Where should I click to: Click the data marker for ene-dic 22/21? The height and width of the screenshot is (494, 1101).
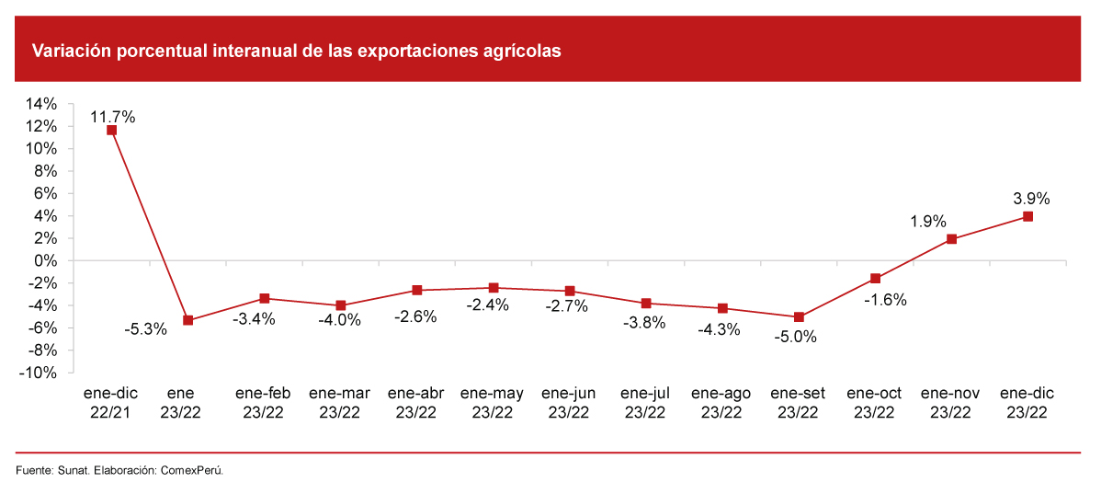coord(111,130)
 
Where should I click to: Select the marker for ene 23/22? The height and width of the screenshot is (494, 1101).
coord(187,320)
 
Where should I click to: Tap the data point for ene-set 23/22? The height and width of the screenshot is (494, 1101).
coord(799,316)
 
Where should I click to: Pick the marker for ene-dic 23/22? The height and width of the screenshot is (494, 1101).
coord(1027,216)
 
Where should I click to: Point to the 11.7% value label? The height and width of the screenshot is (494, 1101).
coord(113,117)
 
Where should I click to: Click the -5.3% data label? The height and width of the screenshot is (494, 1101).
coord(145,328)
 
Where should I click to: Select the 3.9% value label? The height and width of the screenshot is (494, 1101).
coord(1031,198)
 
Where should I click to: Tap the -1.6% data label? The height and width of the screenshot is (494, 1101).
coord(885,299)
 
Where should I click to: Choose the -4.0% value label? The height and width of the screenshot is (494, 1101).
coord(339,321)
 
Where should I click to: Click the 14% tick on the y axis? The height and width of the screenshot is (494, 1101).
coord(42,104)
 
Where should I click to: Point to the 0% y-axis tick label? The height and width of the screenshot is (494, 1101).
coord(46,260)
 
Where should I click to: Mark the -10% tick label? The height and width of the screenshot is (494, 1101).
coord(39,373)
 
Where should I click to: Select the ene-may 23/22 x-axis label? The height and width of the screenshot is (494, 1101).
coord(493,402)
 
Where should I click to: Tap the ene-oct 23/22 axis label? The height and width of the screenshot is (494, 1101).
coord(874,402)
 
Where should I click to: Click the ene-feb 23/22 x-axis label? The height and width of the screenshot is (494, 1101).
coord(263,402)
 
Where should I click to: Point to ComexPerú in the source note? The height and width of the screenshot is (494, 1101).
coord(192,471)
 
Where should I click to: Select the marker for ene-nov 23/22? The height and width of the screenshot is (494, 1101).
coord(951,239)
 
